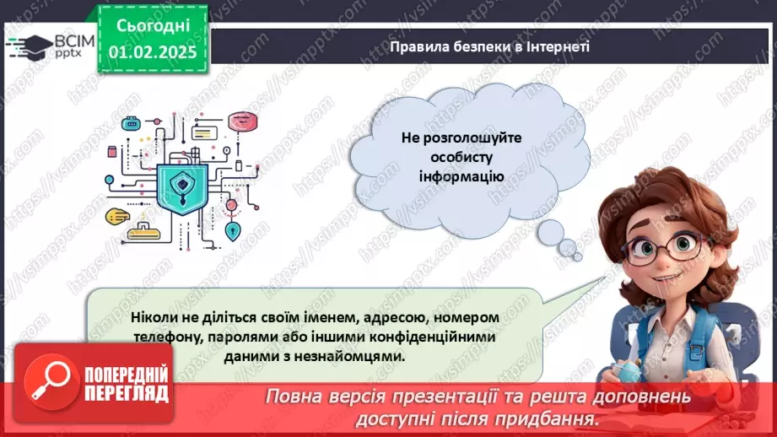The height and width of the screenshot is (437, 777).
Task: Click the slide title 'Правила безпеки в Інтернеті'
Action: [x=489, y=47]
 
